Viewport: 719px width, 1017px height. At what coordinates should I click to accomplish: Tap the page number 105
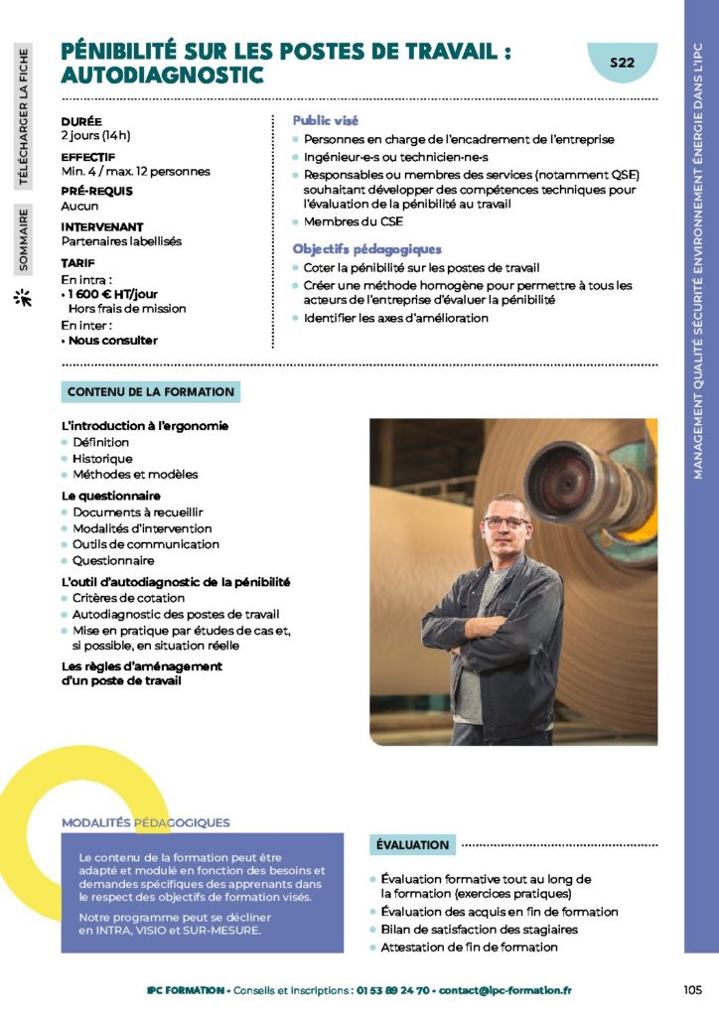(x=693, y=989)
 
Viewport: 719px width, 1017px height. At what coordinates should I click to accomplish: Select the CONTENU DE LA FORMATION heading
(x=151, y=392)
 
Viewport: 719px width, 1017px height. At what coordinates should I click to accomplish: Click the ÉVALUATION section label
(x=412, y=844)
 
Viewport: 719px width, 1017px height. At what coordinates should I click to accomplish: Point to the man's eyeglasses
(x=507, y=521)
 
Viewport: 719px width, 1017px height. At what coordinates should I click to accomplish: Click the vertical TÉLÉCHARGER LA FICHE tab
(x=22, y=116)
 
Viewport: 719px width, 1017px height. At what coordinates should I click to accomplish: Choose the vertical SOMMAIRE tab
(x=22, y=239)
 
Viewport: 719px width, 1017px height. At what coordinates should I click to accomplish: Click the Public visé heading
(x=325, y=120)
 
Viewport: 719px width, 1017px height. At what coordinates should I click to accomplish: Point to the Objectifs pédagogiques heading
(x=365, y=249)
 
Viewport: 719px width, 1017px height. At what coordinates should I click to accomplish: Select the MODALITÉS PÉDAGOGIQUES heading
(x=145, y=822)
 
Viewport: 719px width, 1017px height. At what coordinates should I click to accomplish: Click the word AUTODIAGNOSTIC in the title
(x=162, y=74)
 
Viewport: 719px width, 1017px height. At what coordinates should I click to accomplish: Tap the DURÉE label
(x=81, y=120)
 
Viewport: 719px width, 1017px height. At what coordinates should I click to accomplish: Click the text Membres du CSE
(x=345, y=221)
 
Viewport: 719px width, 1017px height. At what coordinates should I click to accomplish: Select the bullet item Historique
(x=102, y=459)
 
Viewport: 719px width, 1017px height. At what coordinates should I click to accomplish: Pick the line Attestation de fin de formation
(x=469, y=947)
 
